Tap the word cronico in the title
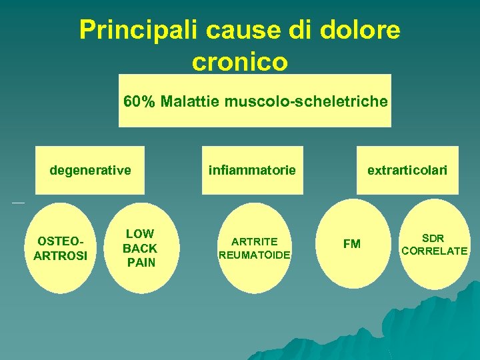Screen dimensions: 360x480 239,62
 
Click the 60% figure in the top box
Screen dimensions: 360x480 139,102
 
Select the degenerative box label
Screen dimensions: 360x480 90,171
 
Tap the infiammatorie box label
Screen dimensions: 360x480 252,171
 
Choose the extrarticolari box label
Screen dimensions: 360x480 407,171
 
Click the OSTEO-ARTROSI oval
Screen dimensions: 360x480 61,247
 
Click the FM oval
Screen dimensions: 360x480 351,245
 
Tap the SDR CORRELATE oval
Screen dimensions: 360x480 434,245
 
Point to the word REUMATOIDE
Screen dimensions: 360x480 255,255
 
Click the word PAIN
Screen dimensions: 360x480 141,263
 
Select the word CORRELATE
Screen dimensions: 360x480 434,251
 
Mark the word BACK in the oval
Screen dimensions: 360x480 140,248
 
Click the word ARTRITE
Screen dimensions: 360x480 254,241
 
